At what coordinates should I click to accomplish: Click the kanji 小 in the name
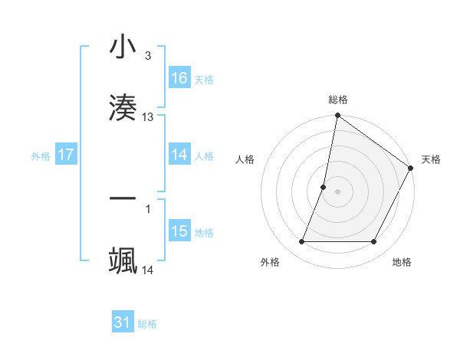pyautogui.click(x=123, y=47)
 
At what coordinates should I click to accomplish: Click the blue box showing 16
pyautogui.click(x=179, y=78)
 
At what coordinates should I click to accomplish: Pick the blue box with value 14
pyautogui.click(x=179, y=155)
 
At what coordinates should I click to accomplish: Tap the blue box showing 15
pyautogui.click(x=179, y=231)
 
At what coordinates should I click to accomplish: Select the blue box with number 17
pyautogui.click(x=66, y=155)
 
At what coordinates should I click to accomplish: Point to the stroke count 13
pyautogui.click(x=148, y=117)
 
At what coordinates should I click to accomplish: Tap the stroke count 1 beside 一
pyautogui.click(x=148, y=208)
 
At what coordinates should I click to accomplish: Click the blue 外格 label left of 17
pyautogui.click(x=41, y=155)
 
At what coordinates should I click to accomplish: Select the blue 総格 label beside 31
pyautogui.click(x=147, y=324)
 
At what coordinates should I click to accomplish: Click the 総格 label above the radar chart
pyautogui.click(x=338, y=100)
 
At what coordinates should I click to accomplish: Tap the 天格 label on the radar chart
pyautogui.click(x=431, y=159)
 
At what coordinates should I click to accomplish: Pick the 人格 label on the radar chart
pyautogui.click(x=245, y=159)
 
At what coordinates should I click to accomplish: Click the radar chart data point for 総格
pyautogui.click(x=337, y=116)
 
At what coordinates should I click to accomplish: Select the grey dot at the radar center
pyautogui.click(x=337, y=191)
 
